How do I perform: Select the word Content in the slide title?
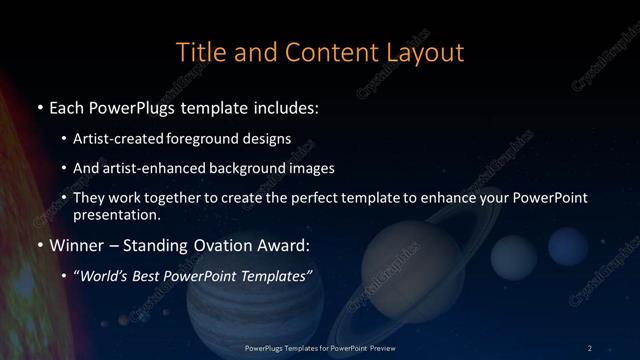coord(324,51)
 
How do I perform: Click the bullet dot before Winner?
coord(39,245)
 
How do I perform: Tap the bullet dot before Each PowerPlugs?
coord(39,106)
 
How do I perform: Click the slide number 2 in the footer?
coord(590,347)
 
